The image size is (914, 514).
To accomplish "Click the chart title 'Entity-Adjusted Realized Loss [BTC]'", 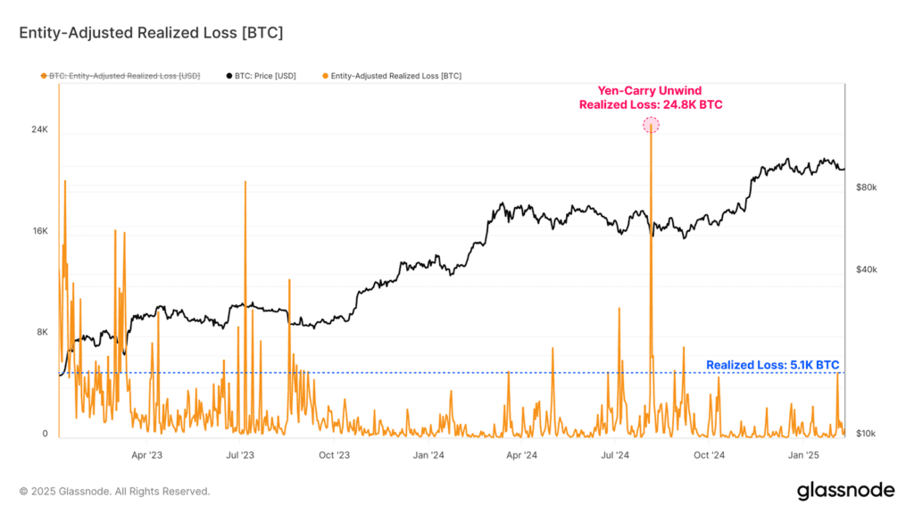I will pos(151,33).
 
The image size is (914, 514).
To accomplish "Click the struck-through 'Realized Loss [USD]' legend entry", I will pos(124,76).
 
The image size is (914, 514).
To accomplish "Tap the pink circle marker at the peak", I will pos(652,125).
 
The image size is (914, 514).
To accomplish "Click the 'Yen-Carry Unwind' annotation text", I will pos(651,90).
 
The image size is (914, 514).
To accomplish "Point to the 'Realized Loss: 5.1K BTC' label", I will pos(772,365).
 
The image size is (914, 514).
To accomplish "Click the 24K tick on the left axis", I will pos(39,129).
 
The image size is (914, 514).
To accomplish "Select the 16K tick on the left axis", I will pos(39,231).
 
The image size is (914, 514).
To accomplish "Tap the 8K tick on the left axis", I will pos(41,332).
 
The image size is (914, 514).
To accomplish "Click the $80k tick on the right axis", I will pos(867,187).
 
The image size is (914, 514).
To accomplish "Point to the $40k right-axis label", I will pos(867,269).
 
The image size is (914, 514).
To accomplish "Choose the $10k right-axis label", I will pos(867,434).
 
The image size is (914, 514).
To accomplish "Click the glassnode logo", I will pos(844,490).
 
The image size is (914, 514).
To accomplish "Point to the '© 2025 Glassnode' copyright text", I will pos(114,491).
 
